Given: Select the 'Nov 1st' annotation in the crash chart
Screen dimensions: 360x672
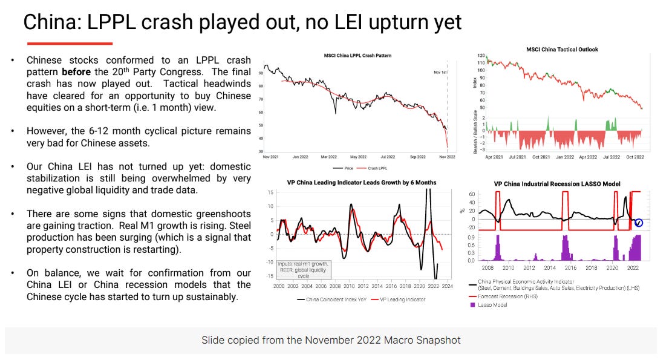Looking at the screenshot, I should click(x=440, y=72).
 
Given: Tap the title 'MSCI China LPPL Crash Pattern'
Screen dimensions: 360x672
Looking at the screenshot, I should click(x=357, y=56).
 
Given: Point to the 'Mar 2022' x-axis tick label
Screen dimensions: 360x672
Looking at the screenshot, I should click(x=328, y=156).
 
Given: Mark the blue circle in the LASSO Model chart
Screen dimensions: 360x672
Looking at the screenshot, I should click(x=638, y=223).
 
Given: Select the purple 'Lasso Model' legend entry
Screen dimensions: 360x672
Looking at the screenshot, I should click(x=492, y=305).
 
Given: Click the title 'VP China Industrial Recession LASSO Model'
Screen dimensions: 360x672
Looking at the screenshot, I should click(x=556, y=184).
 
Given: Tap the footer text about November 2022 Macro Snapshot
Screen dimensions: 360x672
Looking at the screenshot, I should click(x=331, y=340).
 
